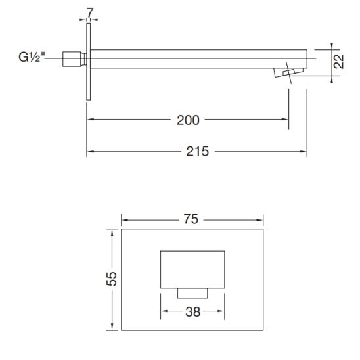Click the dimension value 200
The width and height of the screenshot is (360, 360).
tap(189, 120)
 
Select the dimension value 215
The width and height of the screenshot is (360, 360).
tap(197, 152)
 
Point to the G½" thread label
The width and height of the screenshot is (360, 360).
tap(32, 58)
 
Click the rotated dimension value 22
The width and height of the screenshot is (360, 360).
tap(339, 63)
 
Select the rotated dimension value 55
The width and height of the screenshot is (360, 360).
tap(112, 279)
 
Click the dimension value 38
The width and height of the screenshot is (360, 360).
tap(193, 313)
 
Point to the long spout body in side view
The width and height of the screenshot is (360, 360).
tap(197, 58)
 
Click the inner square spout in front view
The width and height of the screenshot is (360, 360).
tap(193, 269)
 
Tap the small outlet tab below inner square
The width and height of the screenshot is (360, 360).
tap(193, 292)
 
